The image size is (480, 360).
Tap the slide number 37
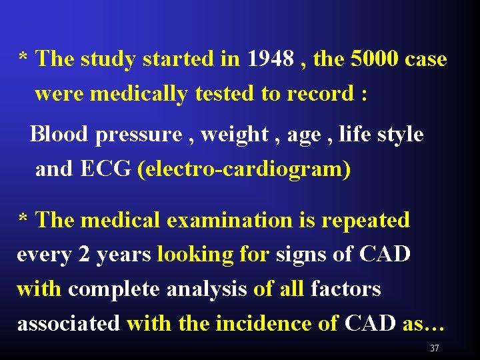[x=434, y=348]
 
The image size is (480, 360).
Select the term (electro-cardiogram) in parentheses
[x=244, y=169]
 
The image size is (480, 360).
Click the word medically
[x=138, y=94]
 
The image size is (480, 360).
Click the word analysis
[x=206, y=289]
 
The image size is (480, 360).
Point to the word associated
[x=68, y=324]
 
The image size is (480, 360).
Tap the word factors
[x=345, y=289]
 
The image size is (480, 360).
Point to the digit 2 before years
[x=83, y=255]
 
